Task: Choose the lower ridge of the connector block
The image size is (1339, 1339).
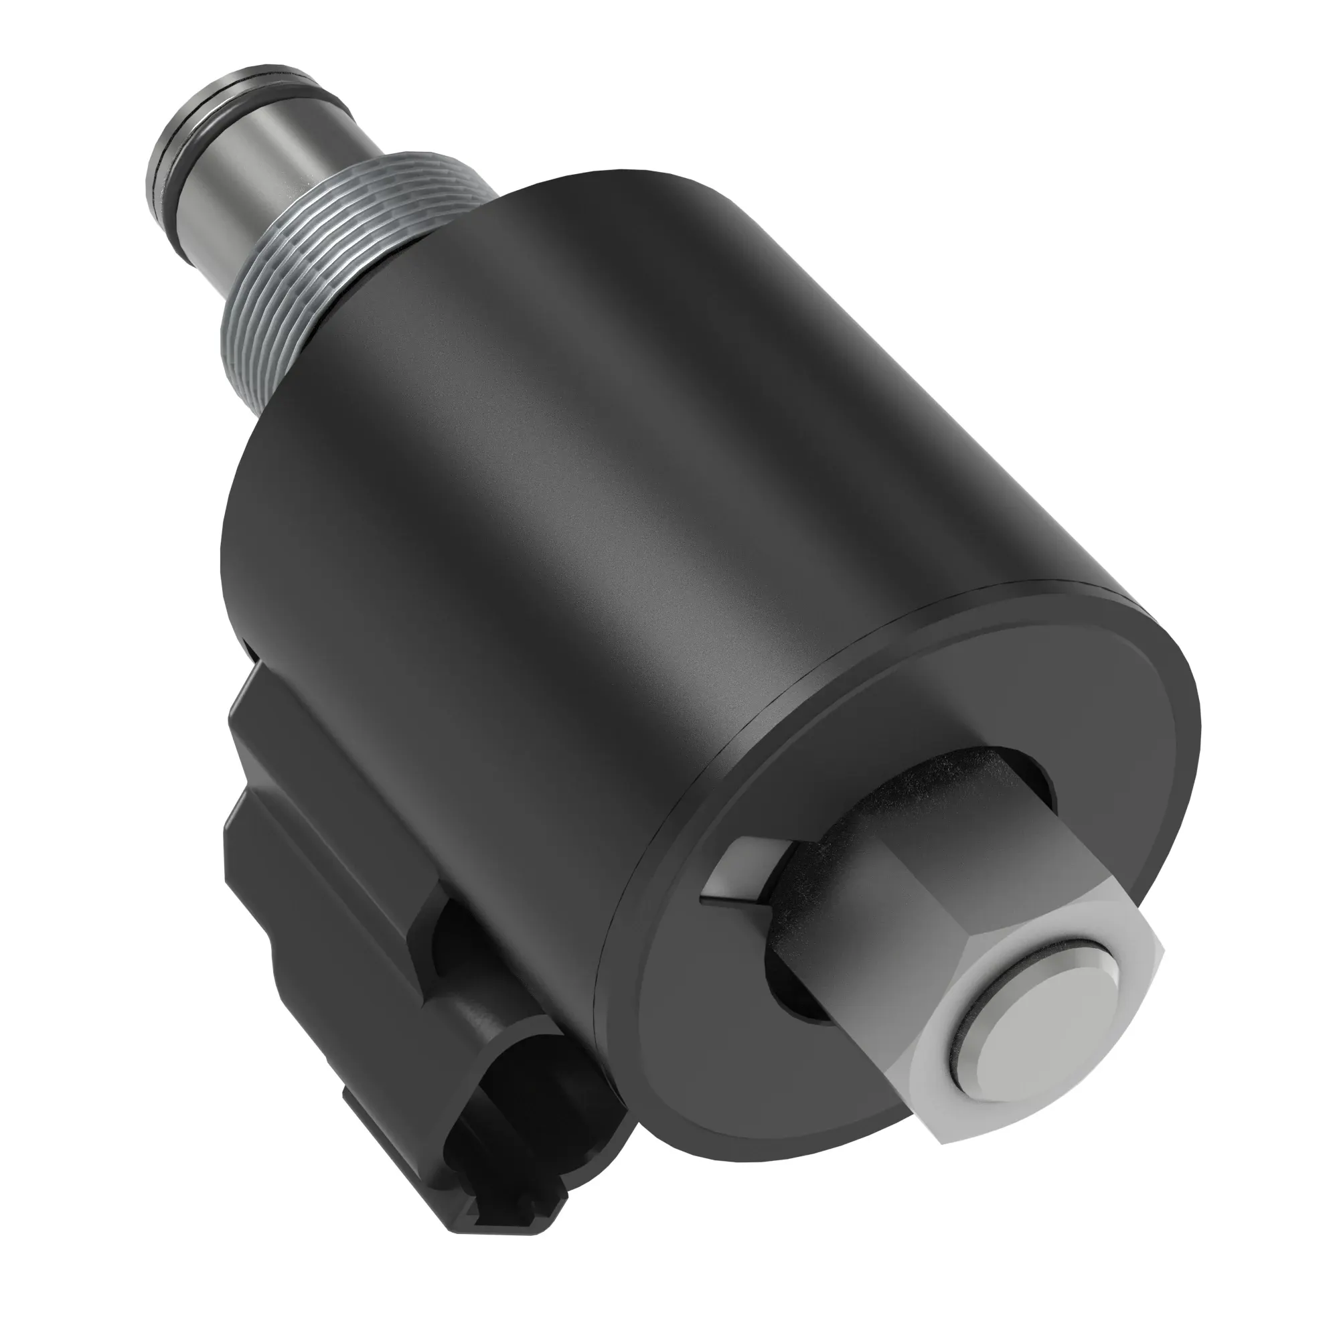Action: pos(291,873)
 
